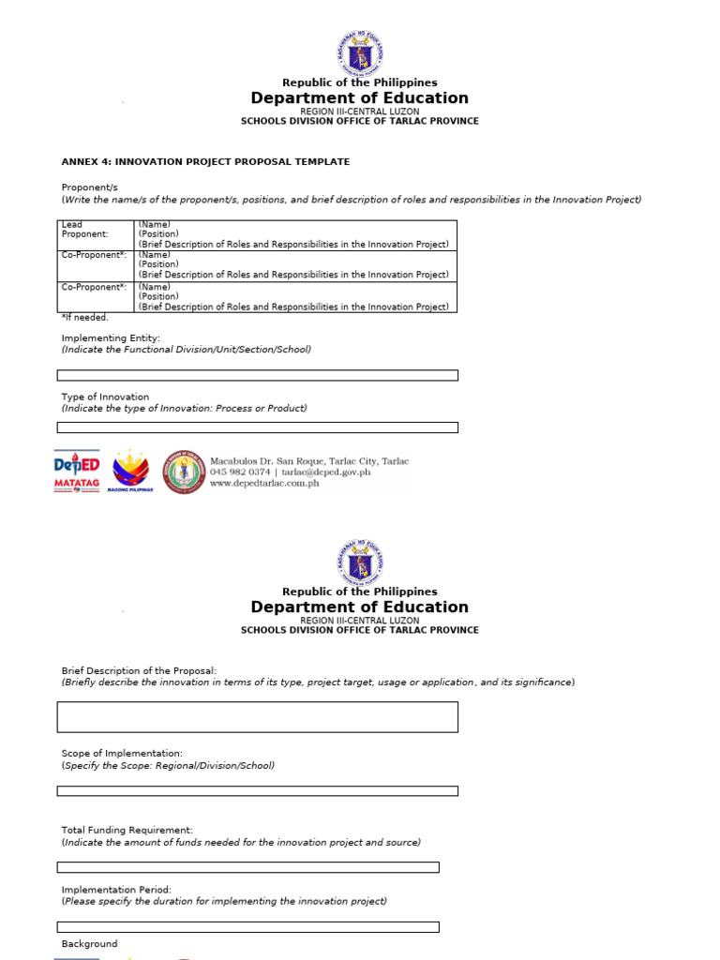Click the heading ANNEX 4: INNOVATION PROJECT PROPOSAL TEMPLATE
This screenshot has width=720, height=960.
pos(205,162)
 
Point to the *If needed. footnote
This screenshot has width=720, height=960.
pos(85,318)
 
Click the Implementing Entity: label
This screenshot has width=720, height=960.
pos(111,337)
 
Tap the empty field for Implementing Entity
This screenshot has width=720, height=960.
pos(258,375)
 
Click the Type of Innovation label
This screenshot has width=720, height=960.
pos(105,397)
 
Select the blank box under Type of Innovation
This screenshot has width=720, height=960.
pos(258,427)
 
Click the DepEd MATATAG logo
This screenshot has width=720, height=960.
pos(77,472)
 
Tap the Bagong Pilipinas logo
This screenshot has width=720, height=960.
pos(130,472)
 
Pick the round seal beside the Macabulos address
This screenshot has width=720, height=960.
pos(183,472)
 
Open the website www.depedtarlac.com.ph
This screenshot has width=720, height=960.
pos(264,484)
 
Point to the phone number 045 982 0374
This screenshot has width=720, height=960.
pos(240,472)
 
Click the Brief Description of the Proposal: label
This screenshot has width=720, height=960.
pos(139,670)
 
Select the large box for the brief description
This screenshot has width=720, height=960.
pos(258,717)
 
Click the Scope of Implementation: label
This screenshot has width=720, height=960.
pos(122,754)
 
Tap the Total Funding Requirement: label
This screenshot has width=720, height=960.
pos(127,831)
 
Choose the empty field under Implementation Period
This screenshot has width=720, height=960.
pos(248,927)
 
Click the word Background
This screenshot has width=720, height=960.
pos(90,944)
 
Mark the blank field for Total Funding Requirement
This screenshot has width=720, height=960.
pos(248,867)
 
